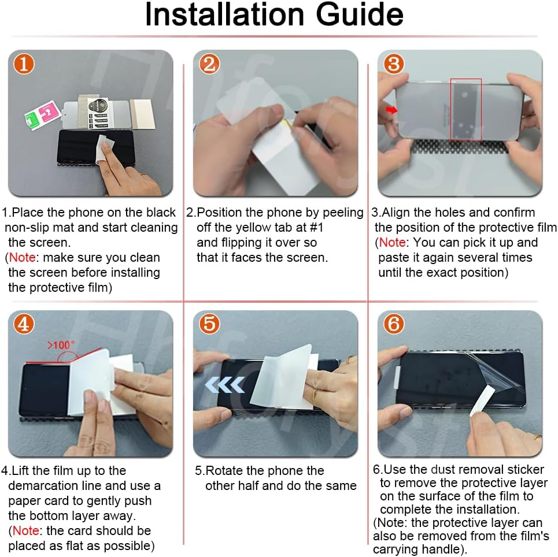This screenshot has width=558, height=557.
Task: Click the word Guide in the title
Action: coord(360,15)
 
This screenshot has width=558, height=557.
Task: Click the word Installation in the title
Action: coord(224,14)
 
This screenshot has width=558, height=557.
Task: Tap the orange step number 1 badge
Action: coord(24,64)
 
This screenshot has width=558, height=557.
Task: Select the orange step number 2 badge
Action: coord(209,64)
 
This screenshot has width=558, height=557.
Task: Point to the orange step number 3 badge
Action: coord(394,64)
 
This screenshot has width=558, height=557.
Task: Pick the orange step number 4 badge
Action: coord(24,324)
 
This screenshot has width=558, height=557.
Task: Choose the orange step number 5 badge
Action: coord(209,324)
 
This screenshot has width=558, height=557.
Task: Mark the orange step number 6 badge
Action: coord(394,324)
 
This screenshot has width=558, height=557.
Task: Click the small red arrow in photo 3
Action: coord(391,110)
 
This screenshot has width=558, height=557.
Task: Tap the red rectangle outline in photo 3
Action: coord(451,110)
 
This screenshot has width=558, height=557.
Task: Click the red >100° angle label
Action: coord(61,344)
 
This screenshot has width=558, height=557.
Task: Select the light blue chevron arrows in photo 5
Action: coord(225,385)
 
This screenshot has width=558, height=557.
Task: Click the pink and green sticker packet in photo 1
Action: coord(42,114)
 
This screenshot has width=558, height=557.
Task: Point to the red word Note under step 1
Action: coord(22,257)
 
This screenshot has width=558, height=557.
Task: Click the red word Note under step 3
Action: coord(392,242)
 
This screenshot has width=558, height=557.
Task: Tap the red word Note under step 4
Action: coord(25,530)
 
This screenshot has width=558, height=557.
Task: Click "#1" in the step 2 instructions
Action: coord(316,227)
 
